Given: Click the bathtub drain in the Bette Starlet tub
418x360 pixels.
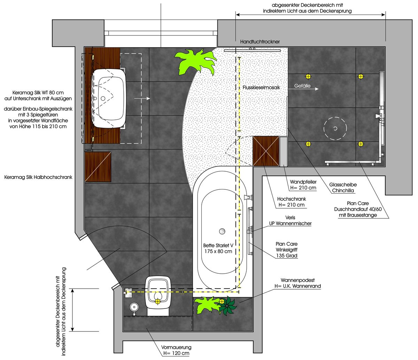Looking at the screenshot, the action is (222, 231).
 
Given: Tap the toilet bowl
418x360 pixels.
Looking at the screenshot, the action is (158, 295).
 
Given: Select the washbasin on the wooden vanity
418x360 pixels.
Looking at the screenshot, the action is (109, 98).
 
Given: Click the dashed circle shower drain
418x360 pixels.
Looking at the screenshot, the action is (335, 128).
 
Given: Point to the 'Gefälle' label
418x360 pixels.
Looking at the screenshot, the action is (302, 86).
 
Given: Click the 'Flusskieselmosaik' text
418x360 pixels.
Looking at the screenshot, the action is (261, 87).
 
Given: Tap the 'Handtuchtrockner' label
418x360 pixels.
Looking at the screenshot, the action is (260, 42).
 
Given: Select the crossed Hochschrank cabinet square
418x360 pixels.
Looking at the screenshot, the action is (266, 151).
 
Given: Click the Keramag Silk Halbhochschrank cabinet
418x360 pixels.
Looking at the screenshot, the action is (98, 167).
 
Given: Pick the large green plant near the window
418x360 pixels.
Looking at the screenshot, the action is (194, 61).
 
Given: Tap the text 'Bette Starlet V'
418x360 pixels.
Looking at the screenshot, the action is (218, 245).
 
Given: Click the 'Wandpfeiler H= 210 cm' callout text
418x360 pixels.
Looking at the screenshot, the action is (303, 185).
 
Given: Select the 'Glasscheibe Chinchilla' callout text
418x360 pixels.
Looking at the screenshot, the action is (343, 187).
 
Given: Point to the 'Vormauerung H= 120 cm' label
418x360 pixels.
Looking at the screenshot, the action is (176, 350).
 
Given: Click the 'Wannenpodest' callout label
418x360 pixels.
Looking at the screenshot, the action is (297, 280).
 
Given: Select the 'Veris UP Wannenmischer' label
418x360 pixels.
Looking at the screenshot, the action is (290, 220).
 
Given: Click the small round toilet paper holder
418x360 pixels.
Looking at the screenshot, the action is (134, 307).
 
